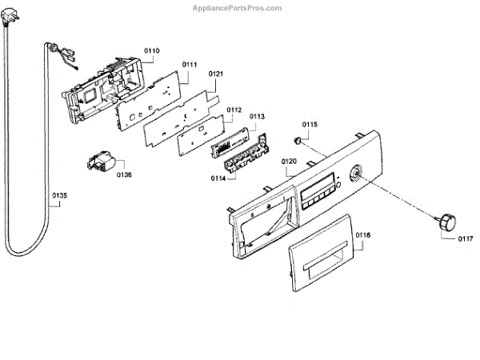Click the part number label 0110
pyautogui.click(x=152, y=50)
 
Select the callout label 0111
pyautogui.click(x=190, y=63)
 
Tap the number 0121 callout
pyautogui.click(x=217, y=74)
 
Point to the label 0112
pyautogui.click(x=234, y=110)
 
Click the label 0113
pyautogui.click(x=257, y=117)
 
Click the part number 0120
pyautogui.click(x=290, y=162)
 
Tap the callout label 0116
pyautogui.click(x=363, y=235)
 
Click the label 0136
pyautogui.click(x=124, y=174)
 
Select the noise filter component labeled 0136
pyautogui.click(x=100, y=163)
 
